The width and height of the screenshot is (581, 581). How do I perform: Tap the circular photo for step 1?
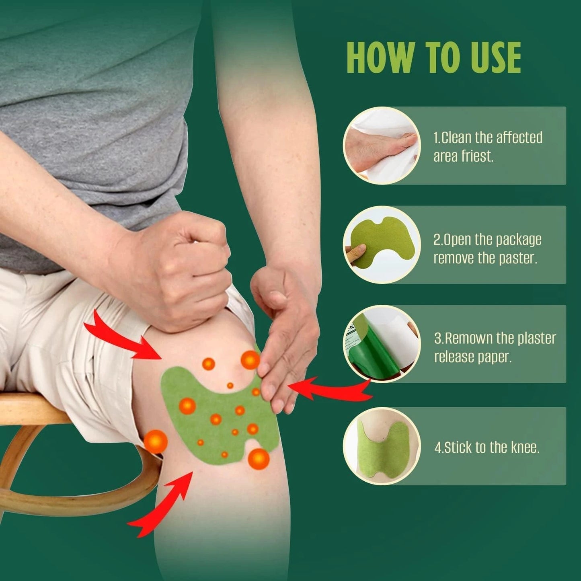pos(382,146)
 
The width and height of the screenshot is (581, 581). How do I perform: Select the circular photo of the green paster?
pos(382,244)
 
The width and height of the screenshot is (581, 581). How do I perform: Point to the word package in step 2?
pos(518,240)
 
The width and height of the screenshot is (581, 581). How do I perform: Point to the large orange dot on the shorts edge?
pos(156,441)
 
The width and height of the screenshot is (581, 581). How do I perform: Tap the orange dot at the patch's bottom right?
pos(258,458)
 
